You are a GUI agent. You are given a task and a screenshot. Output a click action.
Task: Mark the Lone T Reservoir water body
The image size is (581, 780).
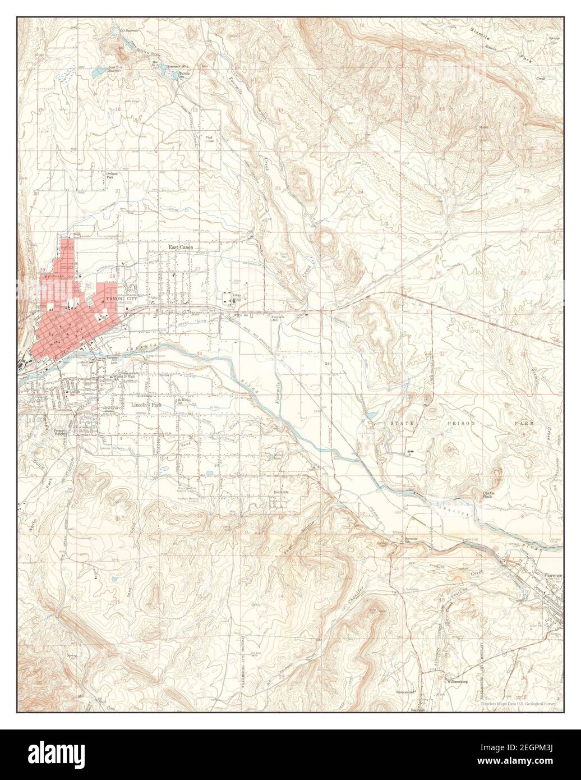click(x=114, y=70)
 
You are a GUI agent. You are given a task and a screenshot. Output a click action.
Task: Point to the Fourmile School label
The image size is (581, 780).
click(x=279, y=318)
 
